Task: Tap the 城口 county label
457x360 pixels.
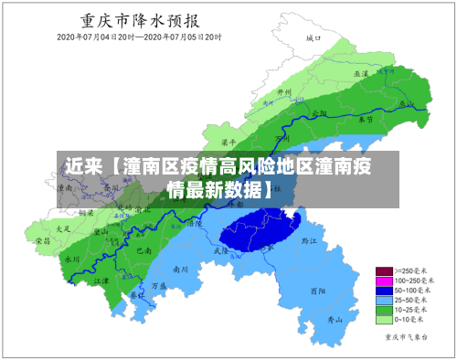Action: pyautogui.click(x=314, y=38)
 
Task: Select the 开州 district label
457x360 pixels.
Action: pyautogui.click(x=284, y=93)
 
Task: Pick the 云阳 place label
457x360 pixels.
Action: pyautogui.click(x=319, y=113)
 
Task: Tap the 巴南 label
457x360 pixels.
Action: pyautogui.click(x=142, y=249)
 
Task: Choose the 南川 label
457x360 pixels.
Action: pyautogui.click(x=180, y=270)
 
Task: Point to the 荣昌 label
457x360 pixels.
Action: pyautogui.click(x=43, y=240)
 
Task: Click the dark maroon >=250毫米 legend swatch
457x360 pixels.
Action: pyautogui.click(x=384, y=271)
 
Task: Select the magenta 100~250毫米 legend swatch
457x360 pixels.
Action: pyautogui.click(x=384, y=281)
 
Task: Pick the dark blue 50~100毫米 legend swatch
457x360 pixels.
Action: pyautogui.click(x=384, y=291)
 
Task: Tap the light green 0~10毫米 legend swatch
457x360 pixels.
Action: pyautogui.click(x=384, y=320)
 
